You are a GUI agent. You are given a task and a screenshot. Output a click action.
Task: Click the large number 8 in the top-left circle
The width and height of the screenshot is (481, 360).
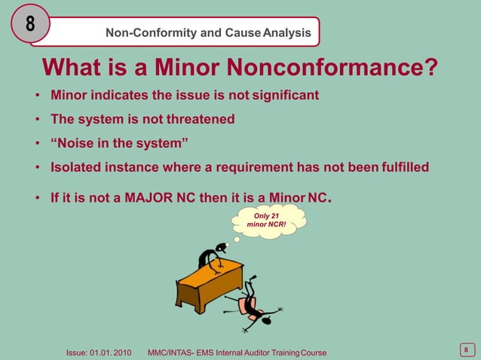pos(30,24)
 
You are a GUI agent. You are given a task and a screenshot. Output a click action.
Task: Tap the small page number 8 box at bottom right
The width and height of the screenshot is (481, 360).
pos(466,349)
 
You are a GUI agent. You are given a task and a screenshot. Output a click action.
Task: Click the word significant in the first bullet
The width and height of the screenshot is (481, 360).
pos(282,96)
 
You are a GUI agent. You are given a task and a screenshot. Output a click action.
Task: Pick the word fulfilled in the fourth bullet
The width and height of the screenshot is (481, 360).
pos(403,167)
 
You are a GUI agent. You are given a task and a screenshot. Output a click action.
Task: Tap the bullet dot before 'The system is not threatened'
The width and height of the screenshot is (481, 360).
pos(37,120)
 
